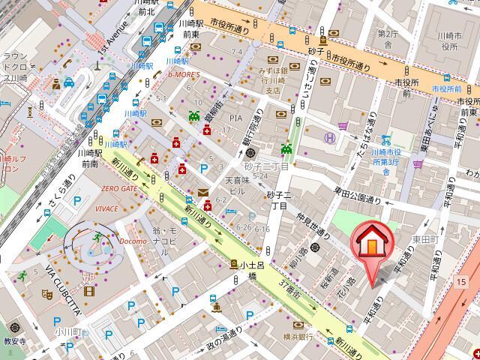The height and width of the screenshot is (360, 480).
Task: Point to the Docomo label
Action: [x=133, y=241]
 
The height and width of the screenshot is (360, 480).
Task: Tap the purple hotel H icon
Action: [x=328, y=138]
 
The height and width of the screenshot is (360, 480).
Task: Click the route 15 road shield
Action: [x=460, y=280]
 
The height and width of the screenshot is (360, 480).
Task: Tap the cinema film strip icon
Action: [x=89, y=292]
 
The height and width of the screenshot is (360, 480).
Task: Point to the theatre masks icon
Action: [x=46, y=295]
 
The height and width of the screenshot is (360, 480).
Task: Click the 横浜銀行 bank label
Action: [x=298, y=336]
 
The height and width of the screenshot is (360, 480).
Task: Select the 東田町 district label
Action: [x=424, y=239]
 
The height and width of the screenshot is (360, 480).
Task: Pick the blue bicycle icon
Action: [x=386, y=139]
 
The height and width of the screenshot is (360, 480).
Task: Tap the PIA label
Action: [x=236, y=118]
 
